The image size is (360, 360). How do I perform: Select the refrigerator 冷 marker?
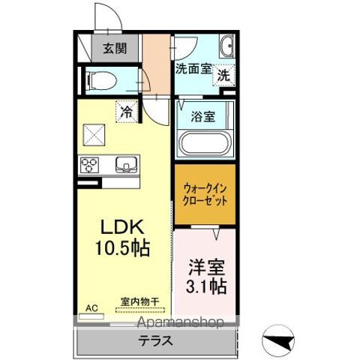point(127,112)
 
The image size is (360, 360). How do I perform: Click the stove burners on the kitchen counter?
point(91,163)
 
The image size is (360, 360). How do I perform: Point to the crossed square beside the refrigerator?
point(94,135)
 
